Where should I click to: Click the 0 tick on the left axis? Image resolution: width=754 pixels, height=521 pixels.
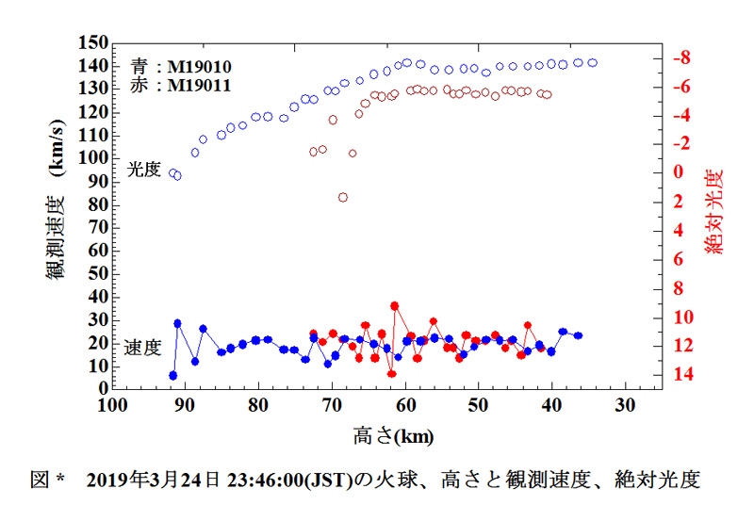99,388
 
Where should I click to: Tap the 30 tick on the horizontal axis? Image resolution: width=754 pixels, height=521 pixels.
625,406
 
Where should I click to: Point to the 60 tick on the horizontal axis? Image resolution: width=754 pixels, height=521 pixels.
405,406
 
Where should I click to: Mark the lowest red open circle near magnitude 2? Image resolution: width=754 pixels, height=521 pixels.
343,197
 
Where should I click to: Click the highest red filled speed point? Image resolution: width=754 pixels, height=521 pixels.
394,305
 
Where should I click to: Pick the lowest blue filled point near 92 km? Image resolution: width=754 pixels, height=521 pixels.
173,375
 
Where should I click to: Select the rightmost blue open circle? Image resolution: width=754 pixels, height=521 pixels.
593,62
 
